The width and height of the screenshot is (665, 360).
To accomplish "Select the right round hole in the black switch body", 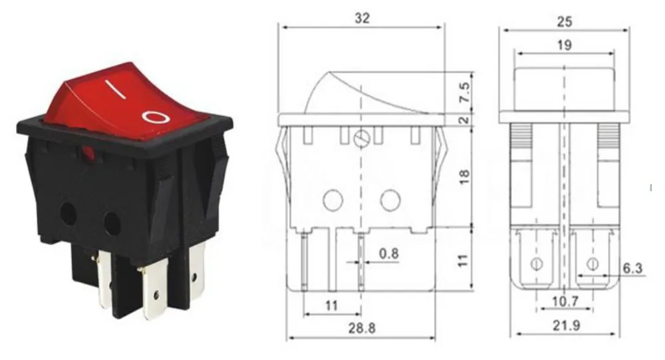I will [112, 224].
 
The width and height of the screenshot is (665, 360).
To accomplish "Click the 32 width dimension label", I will [362, 18].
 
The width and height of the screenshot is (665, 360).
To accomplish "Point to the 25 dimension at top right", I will [565, 22].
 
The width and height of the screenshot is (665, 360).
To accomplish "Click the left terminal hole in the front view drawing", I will [537, 264].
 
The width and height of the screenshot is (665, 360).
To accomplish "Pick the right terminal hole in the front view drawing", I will [592, 264].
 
